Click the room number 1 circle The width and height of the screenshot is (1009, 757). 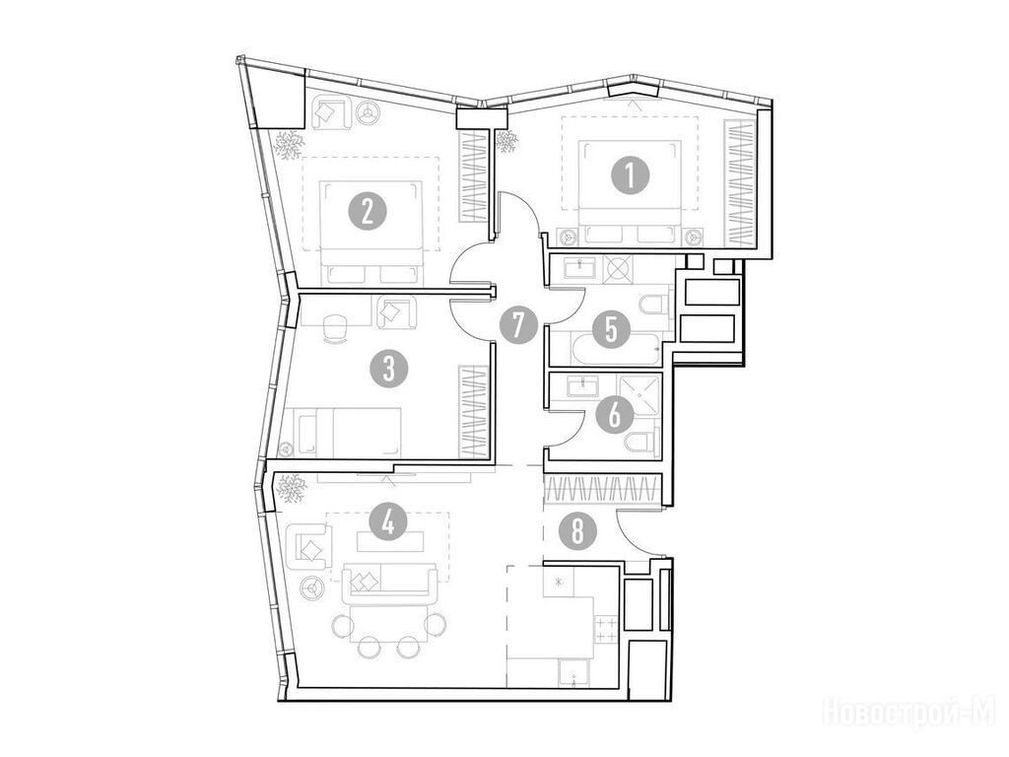tap(630, 175)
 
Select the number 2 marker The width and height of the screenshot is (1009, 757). tap(368, 212)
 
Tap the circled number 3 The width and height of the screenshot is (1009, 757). tap(388, 369)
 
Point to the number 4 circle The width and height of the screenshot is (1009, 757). tap(387, 522)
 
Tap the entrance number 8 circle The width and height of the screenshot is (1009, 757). tap(577, 532)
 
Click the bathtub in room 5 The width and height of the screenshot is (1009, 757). tap(615, 349)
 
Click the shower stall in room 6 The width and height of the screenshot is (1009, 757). tap(639, 396)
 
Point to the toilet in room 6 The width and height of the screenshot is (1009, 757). tap(642, 442)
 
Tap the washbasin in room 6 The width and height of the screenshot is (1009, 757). tap(583, 387)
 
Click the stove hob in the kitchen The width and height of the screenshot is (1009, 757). tap(607, 629)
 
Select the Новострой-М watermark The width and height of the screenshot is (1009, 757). tap(909, 712)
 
